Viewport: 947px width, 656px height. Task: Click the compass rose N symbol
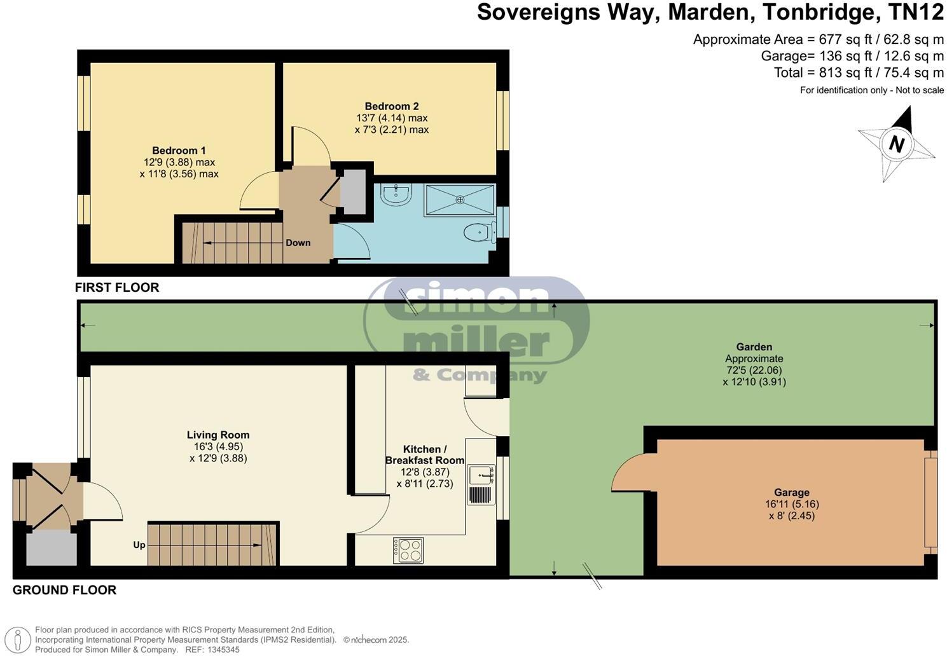(x=896, y=144)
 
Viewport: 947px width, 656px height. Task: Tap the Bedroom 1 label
(x=179, y=151)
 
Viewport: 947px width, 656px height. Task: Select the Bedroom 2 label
(x=391, y=106)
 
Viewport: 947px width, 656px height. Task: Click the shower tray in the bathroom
(x=459, y=200)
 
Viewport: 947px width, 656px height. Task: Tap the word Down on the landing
(x=298, y=243)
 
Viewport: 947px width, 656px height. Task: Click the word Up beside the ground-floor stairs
(x=139, y=545)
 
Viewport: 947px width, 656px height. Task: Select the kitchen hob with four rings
(x=408, y=550)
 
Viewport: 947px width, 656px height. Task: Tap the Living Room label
(x=218, y=435)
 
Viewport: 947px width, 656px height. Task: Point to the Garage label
(x=791, y=492)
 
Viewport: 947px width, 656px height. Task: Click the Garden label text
(x=754, y=347)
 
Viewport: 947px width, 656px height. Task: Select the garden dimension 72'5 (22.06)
(x=754, y=370)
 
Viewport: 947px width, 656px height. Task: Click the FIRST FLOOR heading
(x=117, y=287)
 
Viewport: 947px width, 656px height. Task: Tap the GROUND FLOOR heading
(x=64, y=590)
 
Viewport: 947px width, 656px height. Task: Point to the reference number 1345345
(x=221, y=650)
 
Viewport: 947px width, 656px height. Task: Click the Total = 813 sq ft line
(x=859, y=72)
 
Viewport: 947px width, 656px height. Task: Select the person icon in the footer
(x=21, y=639)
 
